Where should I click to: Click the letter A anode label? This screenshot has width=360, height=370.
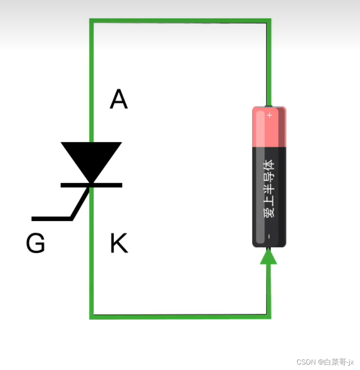coord(118,100)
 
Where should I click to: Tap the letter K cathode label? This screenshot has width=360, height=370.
coord(118,244)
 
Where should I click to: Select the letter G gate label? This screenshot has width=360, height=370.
coord(35,244)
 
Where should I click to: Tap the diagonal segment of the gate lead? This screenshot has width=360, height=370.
coord(81,203)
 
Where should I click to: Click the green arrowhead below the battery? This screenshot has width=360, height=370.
coord(268,257)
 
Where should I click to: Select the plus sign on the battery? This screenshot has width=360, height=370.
coord(270,115)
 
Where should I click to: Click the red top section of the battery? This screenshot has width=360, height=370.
coord(269,128)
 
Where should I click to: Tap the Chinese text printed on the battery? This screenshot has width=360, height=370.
coord(269,188)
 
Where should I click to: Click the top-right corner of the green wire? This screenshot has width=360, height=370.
coord(268,21)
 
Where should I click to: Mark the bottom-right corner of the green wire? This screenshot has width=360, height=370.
coord(268,316)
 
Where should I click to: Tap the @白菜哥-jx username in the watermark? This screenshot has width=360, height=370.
coord(336,362)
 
